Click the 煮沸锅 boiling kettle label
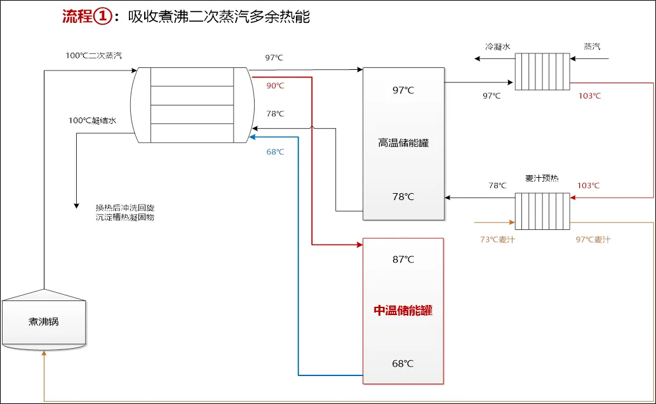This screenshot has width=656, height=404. [43, 321]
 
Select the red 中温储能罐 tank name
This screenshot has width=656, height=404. [403, 311]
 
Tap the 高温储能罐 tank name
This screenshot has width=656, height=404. [403, 143]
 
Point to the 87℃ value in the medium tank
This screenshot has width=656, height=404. [403, 259]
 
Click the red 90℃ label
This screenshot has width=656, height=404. [275, 86]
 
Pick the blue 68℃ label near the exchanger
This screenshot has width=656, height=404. [275, 152]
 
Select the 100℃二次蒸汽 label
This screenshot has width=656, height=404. [93, 55]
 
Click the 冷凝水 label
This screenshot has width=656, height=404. [498, 46]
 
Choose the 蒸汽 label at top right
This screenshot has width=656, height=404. [592, 46]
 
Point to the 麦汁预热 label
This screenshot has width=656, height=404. [542, 178]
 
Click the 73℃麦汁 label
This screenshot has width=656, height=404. [497, 239]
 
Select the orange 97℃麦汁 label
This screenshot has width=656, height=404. [592, 239]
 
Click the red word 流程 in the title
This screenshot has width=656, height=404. [77, 17]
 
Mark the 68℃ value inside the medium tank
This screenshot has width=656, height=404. [403, 364]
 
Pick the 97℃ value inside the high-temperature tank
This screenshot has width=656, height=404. [403, 90]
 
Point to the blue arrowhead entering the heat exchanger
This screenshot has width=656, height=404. [253, 136]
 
